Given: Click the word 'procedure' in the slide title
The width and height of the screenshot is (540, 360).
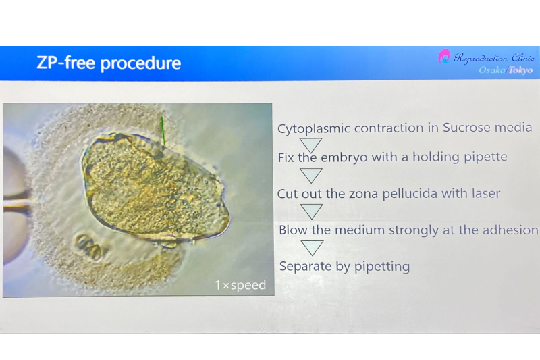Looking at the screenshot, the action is pos(140,63).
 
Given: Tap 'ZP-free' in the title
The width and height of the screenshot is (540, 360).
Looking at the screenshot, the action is pos(65,62).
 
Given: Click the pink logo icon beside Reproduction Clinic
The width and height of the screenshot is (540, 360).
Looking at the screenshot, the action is pos(444,56).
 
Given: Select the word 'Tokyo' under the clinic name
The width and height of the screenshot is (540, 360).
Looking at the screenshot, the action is pos(520,70).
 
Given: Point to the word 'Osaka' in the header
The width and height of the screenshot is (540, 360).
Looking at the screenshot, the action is pos(492,70).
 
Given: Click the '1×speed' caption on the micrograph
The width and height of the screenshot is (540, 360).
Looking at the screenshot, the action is pos(240,285).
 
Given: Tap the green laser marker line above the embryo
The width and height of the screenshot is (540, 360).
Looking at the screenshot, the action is pos(163,130).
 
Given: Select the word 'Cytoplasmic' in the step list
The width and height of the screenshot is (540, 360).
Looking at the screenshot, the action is pos(314,129).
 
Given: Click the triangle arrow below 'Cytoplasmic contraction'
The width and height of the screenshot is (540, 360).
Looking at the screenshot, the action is pos(311,145).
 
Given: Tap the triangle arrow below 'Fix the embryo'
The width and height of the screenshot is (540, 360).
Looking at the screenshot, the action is pos(311,176).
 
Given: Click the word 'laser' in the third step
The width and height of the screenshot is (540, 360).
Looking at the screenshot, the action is pos(485,193).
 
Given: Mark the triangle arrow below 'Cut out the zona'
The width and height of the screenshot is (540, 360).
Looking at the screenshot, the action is pos(312,211).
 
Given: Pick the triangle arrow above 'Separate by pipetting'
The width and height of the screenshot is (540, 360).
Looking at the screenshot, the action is pos(313,248).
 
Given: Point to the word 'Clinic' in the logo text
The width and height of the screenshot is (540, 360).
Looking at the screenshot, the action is pos(522,57).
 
